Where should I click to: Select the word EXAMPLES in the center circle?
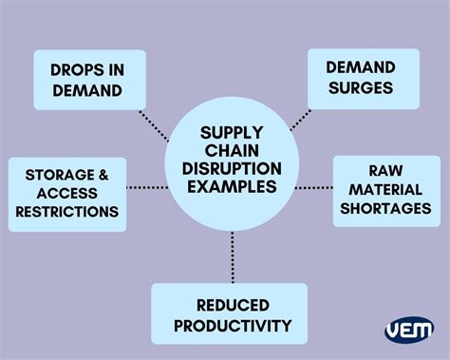233,187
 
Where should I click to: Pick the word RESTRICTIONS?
66,211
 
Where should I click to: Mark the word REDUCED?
232,306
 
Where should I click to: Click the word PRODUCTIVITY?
231,326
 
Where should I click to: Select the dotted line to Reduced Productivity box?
233,255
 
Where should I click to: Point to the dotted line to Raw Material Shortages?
313,187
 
